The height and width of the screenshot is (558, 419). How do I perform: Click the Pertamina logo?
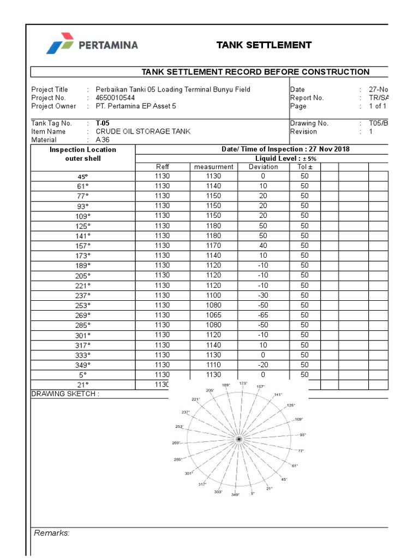click(92, 45)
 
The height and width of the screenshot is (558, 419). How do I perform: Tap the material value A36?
click(103, 140)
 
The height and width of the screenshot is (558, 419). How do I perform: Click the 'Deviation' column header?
click(263, 167)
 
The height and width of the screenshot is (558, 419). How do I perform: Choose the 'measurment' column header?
click(213, 167)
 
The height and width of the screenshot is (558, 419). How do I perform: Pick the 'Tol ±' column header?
click(304, 167)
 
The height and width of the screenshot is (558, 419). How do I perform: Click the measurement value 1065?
click(213, 315)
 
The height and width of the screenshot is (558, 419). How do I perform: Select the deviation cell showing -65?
click(263, 315)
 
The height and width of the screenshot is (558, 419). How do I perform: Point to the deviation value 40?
click(263, 246)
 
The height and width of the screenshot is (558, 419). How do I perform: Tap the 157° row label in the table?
click(83, 246)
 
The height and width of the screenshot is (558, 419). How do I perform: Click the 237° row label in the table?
click(83, 295)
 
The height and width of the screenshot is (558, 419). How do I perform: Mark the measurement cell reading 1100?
click(213, 295)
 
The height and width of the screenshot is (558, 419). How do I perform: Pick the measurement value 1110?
click(213, 365)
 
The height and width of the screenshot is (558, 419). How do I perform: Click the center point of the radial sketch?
click(238, 439)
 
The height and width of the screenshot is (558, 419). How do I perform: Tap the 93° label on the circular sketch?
click(303, 435)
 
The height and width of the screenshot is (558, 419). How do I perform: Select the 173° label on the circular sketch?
click(243, 384)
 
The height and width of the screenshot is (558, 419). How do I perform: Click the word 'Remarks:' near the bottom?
click(52, 533)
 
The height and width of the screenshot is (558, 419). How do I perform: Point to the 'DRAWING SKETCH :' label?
click(65, 394)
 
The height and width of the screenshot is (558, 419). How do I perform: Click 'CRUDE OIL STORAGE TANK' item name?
click(143, 131)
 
